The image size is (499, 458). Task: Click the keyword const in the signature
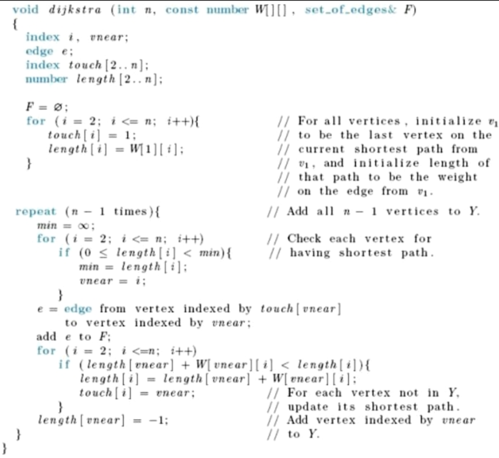[x=183, y=10]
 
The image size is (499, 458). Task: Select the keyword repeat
[x=36, y=212]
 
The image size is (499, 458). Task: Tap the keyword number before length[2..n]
[x=46, y=79]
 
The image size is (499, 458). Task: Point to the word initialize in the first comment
[x=444, y=120]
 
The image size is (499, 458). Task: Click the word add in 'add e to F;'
[x=46, y=337]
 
